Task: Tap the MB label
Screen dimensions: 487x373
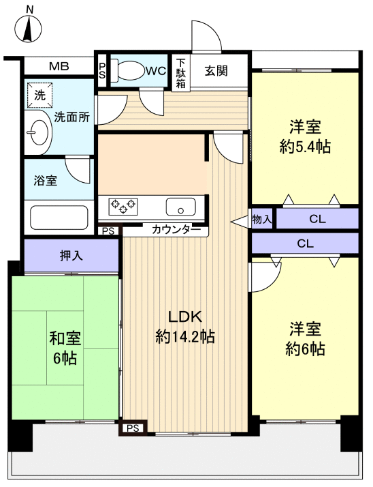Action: pos(58,67)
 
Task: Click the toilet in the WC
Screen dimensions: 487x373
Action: pos(133,70)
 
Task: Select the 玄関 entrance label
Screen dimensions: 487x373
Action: pos(218,70)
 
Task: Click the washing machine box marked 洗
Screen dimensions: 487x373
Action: pos(39,95)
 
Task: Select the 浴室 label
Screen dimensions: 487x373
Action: pos(46,181)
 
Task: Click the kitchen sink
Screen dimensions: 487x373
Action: pos(181,205)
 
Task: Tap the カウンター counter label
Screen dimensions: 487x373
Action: pos(172,230)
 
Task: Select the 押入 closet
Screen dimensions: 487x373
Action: pos(71,256)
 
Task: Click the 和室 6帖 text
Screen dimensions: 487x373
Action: pos(65,348)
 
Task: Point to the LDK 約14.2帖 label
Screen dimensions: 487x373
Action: pos(185,326)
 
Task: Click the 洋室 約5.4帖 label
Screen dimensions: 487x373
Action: pos(305,136)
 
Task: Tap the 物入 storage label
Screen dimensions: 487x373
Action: pos(262,219)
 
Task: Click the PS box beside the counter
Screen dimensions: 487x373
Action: pos(108,231)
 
